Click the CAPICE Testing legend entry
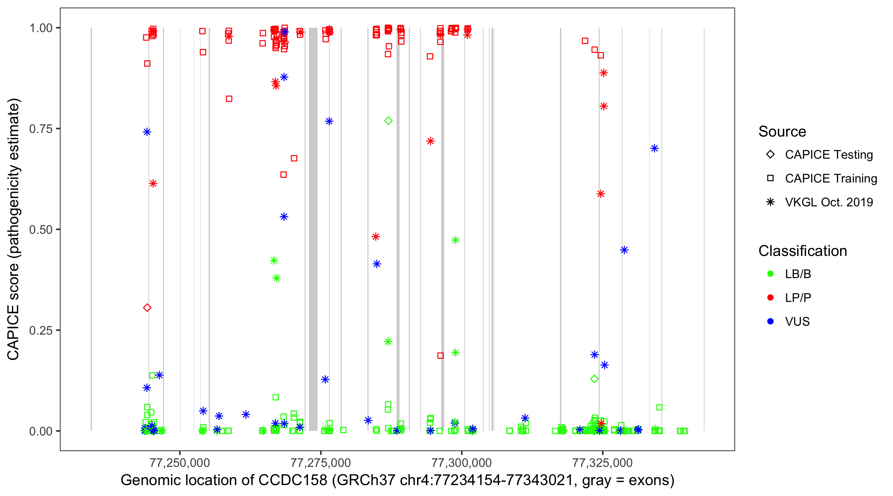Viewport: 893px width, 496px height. click(829, 155)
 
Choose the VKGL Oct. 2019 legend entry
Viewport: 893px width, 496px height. click(829, 202)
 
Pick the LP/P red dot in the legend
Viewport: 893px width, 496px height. click(771, 298)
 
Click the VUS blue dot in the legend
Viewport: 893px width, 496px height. click(771, 321)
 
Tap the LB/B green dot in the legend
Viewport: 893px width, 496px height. click(771, 274)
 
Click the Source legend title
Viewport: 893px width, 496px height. click(782, 132)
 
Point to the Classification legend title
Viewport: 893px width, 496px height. click(802, 251)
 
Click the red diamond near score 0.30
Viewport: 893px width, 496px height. click(147, 308)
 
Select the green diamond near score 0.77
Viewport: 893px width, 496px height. click(388, 121)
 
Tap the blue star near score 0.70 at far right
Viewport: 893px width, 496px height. click(655, 149)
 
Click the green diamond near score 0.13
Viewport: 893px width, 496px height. click(595, 379)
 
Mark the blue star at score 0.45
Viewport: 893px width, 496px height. click(624, 250)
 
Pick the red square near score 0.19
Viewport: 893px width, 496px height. click(441, 355)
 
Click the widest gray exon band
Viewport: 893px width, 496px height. click(313, 229)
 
